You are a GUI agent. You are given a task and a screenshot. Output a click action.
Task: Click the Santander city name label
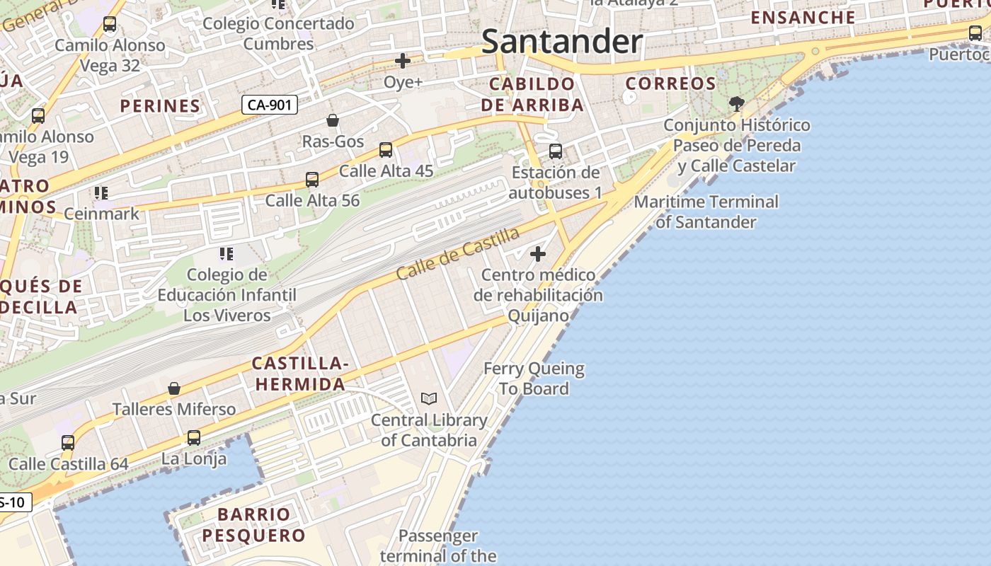click(x=562, y=42)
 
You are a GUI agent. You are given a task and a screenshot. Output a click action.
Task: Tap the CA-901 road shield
click(x=269, y=105)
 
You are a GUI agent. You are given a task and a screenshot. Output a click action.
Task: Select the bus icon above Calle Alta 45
click(x=386, y=150)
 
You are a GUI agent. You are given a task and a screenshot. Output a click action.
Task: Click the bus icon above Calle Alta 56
click(x=312, y=180)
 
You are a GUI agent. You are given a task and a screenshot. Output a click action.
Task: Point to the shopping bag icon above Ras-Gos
click(x=333, y=120)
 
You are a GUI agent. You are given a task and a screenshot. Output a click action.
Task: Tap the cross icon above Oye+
click(x=403, y=61)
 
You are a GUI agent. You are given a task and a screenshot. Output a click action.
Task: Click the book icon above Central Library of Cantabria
click(x=429, y=399)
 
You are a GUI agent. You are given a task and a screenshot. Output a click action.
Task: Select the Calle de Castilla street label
click(x=458, y=253)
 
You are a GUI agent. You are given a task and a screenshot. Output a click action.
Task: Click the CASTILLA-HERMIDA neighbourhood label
click(x=300, y=374)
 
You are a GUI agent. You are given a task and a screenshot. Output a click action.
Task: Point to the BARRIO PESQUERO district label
click(x=253, y=524)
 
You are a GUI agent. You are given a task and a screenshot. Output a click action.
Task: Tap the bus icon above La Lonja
click(x=194, y=438)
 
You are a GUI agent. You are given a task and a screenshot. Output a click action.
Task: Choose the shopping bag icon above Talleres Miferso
click(x=174, y=388)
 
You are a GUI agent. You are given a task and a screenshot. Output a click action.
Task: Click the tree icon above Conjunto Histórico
click(x=737, y=104)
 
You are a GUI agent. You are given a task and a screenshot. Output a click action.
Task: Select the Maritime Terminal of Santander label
click(x=706, y=212)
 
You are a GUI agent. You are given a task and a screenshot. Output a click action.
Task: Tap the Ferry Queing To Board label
click(x=534, y=379)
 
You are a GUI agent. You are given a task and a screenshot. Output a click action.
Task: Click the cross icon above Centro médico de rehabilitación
click(x=538, y=253)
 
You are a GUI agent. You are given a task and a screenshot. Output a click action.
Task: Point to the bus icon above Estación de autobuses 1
click(x=556, y=151)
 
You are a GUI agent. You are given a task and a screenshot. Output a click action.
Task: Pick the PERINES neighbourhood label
click(x=160, y=106)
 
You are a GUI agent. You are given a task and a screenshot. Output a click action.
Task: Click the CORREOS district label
click(x=671, y=83)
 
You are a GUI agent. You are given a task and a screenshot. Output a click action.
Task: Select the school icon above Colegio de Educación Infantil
click(x=227, y=253)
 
